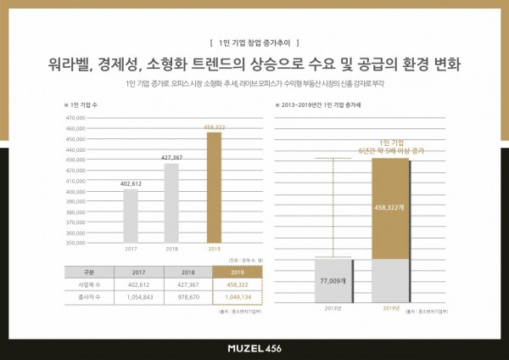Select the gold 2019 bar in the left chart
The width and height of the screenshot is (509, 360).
pos(214,187)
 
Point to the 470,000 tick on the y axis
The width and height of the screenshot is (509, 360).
pos(76,118)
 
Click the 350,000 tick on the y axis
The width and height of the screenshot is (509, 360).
pos(76,243)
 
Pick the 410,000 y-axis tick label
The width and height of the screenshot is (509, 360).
pos(76,181)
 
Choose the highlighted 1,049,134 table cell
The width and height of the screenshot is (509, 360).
pos(238,297)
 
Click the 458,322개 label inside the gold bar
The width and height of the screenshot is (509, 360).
pos(390,206)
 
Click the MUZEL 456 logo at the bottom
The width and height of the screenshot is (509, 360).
pos(254,347)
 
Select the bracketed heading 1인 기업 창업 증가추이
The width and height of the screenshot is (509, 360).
pos(254,41)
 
